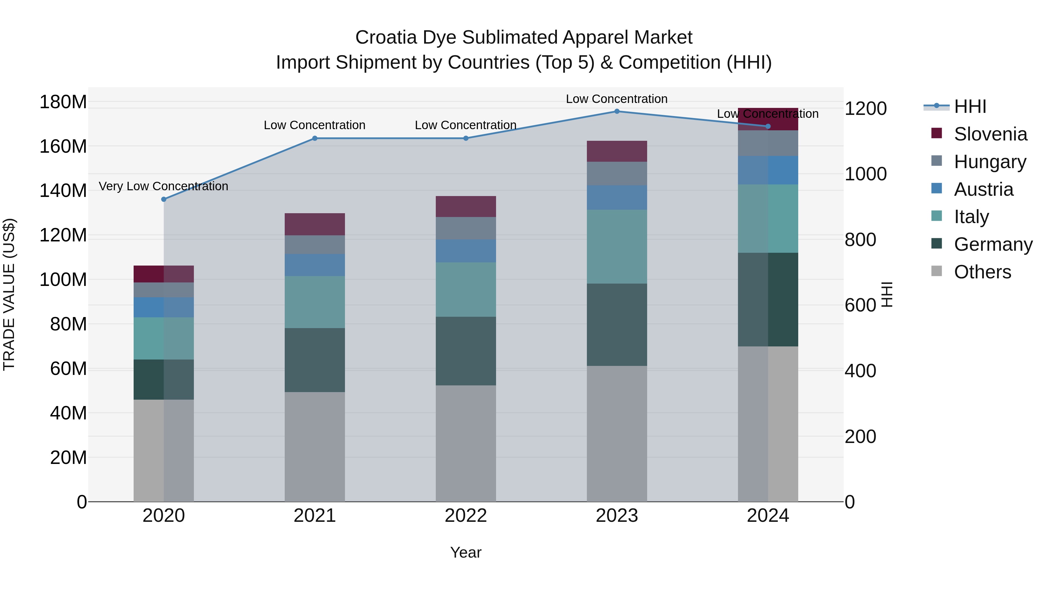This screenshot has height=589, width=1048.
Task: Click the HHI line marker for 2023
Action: coord(617,111)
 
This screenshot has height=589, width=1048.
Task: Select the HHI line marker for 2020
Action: coord(164,199)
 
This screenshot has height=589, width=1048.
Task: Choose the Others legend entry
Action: coord(982,272)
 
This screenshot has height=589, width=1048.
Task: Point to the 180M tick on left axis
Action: coord(63,102)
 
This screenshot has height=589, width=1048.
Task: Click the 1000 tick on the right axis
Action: coord(865,174)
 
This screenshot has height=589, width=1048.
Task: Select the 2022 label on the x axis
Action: coord(466,516)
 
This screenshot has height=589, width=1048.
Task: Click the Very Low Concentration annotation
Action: coord(164,186)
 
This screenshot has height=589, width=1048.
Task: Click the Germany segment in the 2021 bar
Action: coord(314,360)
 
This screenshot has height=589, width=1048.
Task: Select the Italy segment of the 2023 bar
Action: coord(617,246)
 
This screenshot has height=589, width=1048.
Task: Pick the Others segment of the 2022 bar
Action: coord(466,443)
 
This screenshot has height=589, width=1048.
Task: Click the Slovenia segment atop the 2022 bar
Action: coord(466,207)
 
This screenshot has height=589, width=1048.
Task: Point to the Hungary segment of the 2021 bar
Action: coord(314,245)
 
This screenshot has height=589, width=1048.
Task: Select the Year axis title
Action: coord(465,552)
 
